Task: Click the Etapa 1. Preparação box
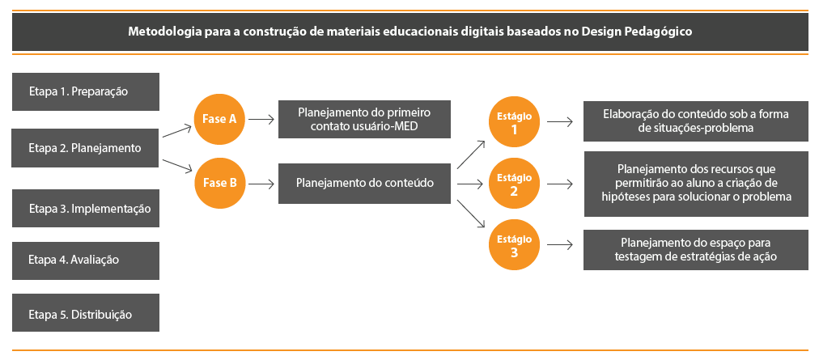pyautogui.click(x=86, y=91)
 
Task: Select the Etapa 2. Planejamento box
pyautogui.click(x=86, y=148)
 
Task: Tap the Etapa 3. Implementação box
pyautogui.click(x=86, y=208)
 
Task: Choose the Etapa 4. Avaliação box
pyautogui.click(x=86, y=260)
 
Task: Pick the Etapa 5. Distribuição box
pyautogui.click(x=86, y=313)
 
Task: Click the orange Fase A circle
pyautogui.click(x=219, y=119)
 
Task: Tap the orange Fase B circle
pyautogui.click(x=219, y=182)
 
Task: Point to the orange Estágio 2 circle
pyautogui.click(x=514, y=184)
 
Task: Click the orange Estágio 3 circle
pyautogui.click(x=514, y=245)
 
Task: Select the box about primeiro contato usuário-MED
pyautogui.click(x=363, y=120)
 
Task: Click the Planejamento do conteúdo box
pyautogui.click(x=363, y=183)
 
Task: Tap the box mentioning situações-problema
pyautogui.click(x=696, y=121)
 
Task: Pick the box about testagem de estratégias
pyautogui.click(x=696, y=249)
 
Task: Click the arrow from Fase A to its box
pyautogui.click(x=261, y=119)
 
